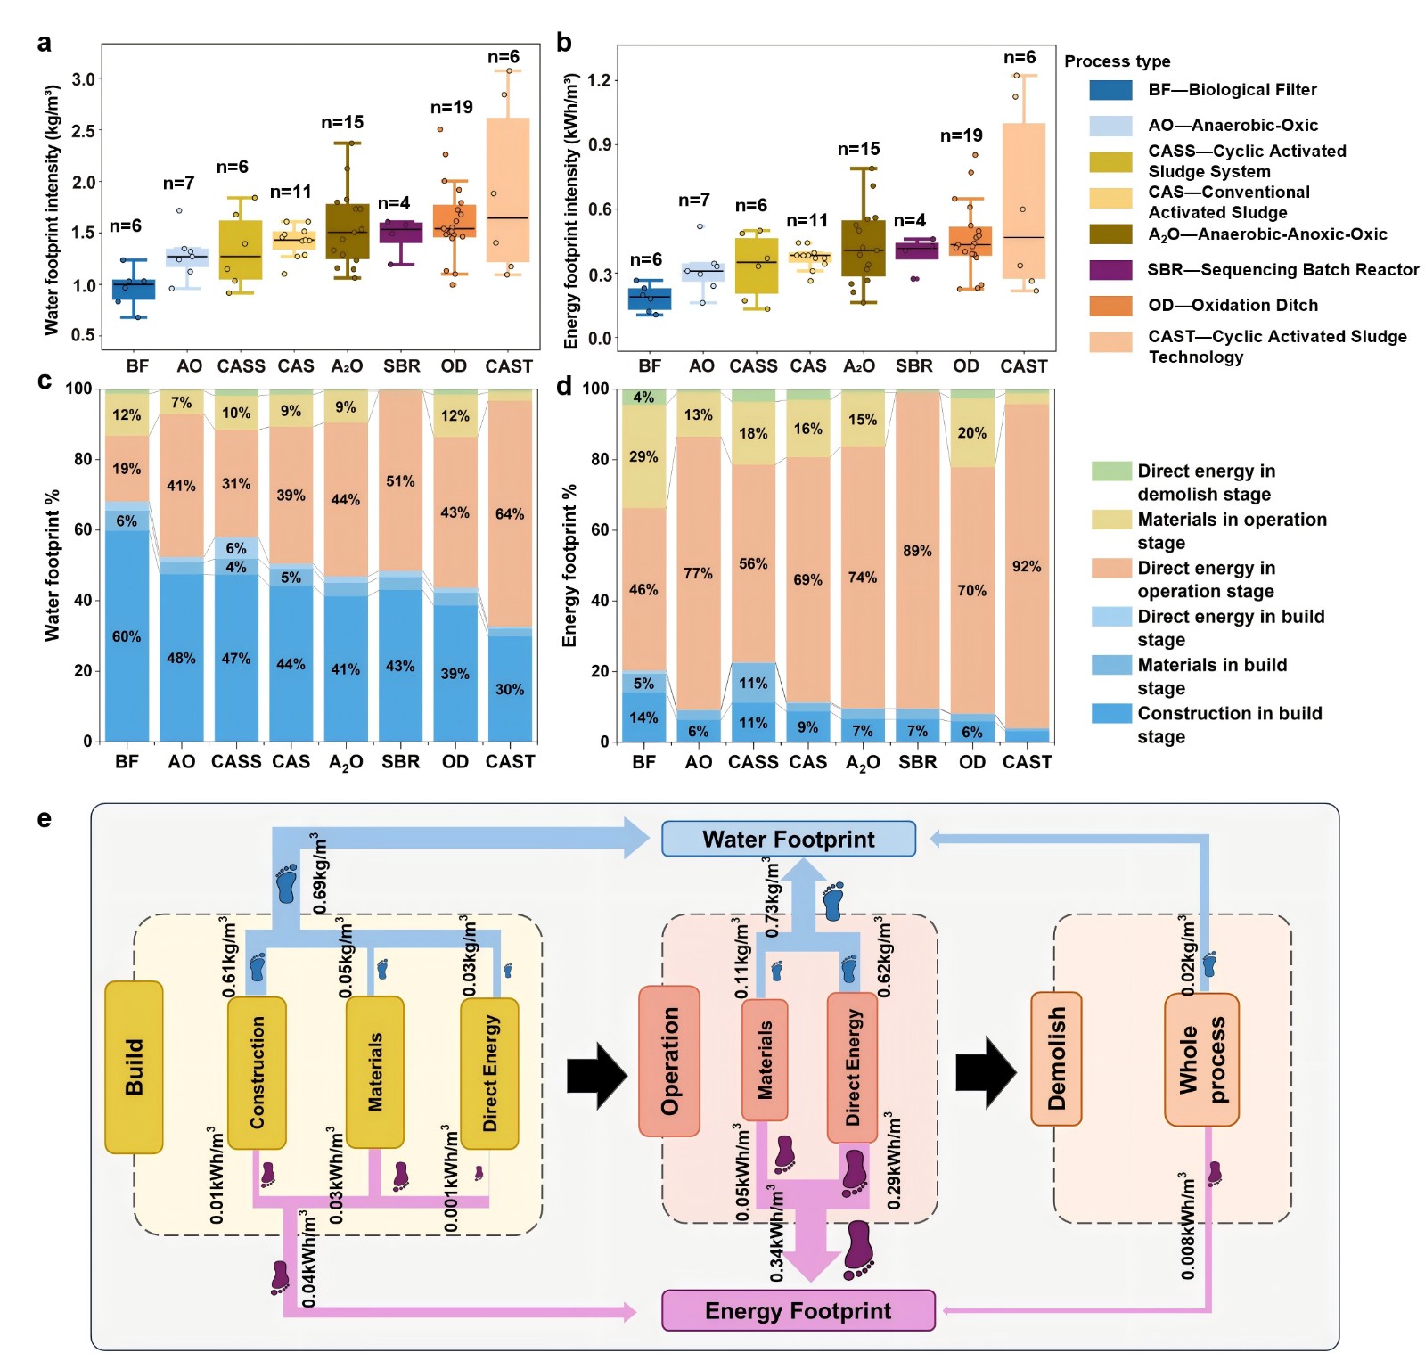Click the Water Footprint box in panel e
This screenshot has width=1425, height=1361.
pos(788,839)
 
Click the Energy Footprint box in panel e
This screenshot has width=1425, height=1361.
pos(798,1310)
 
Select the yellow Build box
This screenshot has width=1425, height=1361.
pos(134,1067)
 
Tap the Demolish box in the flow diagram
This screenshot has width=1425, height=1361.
pos(1056,1058)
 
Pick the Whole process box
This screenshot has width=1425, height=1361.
pos(1201,1060)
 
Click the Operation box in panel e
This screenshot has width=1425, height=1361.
pos(669,1061)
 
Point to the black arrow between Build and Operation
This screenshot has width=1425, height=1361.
pos(597,1075)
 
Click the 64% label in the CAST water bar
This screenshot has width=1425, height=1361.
pos(510,514)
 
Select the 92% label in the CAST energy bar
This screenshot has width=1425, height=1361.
pos(1027,566)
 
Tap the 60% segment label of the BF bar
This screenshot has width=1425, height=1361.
pos(127,636)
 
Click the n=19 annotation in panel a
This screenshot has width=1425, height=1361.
pos(452,108)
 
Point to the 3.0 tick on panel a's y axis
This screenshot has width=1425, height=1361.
pos(84,79)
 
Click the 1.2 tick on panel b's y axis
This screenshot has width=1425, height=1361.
pos(600,80)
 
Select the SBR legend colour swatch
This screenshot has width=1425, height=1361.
pos(1110,270)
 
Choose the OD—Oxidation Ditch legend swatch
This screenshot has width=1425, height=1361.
pos(1110,306)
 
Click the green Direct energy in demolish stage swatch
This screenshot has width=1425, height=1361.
pos(1111,471)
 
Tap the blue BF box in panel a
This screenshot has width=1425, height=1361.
pos(134,290)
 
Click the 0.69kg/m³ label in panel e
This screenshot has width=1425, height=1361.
pos(320,873)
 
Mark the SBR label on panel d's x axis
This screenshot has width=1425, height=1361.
pos(917,762)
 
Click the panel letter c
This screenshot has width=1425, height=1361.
pos(45,381)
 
